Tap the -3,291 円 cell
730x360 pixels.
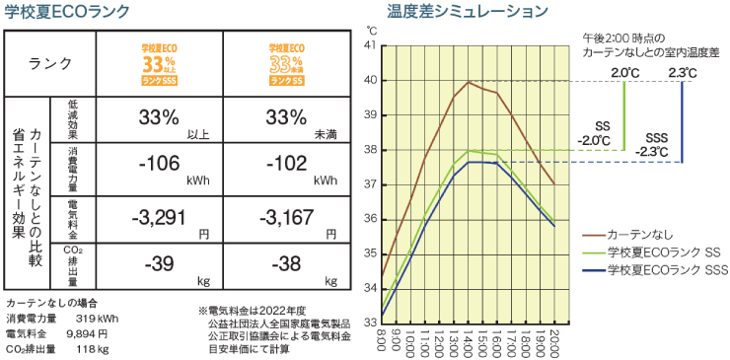tap(160, 217)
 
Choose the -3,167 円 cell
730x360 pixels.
tap(287, 217)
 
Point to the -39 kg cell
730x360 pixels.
tap(160, 264)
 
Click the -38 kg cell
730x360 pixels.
tap(287, 264)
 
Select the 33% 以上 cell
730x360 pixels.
tap(160, 118)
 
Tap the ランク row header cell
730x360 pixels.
tap(51, 64)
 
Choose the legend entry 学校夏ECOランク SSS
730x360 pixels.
tap(661, 269)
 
